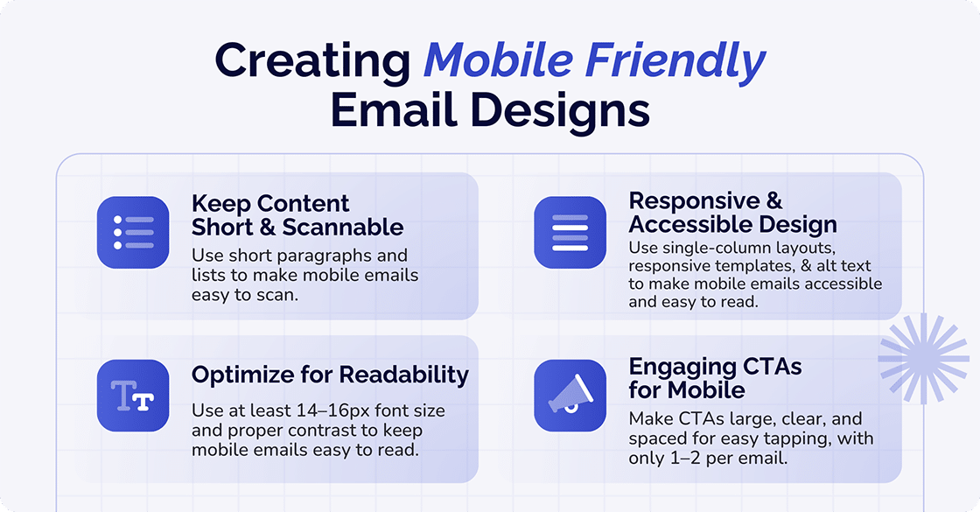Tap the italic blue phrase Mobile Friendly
click(594, 61)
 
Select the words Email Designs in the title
click(490, 112)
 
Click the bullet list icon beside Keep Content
click(133, 232)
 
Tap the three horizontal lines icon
click(570, 232)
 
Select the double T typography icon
click(133, 396)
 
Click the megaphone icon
click(570, 396)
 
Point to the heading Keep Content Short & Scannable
click(297, 215)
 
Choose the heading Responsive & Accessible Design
click(732, 213)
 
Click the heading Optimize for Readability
click(330, 375)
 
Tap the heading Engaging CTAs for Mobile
click(715, 377)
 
